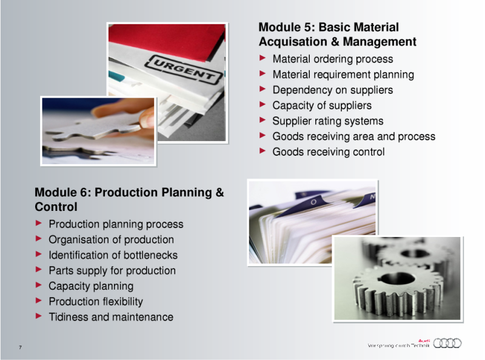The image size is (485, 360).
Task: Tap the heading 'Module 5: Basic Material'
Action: coord(329,27)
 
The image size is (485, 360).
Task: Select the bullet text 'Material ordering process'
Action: coord(332,59)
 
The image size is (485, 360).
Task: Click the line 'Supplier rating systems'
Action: coord(327,121)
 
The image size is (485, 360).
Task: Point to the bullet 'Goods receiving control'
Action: coord(328,152)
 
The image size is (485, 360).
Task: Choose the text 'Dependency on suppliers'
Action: coord(332,90)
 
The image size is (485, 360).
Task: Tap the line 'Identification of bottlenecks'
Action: coord(113,255)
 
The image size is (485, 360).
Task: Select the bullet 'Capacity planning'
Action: coord(91,286)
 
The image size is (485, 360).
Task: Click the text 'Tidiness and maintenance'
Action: coord(110,317)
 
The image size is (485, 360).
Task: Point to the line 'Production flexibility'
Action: coord(96,301)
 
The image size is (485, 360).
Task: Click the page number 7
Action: coord(21,347)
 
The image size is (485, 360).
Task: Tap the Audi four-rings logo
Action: coord(447,344)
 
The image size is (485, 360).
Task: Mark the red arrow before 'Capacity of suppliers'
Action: coord(263,105)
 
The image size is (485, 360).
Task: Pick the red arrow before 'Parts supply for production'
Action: coord(39,270)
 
